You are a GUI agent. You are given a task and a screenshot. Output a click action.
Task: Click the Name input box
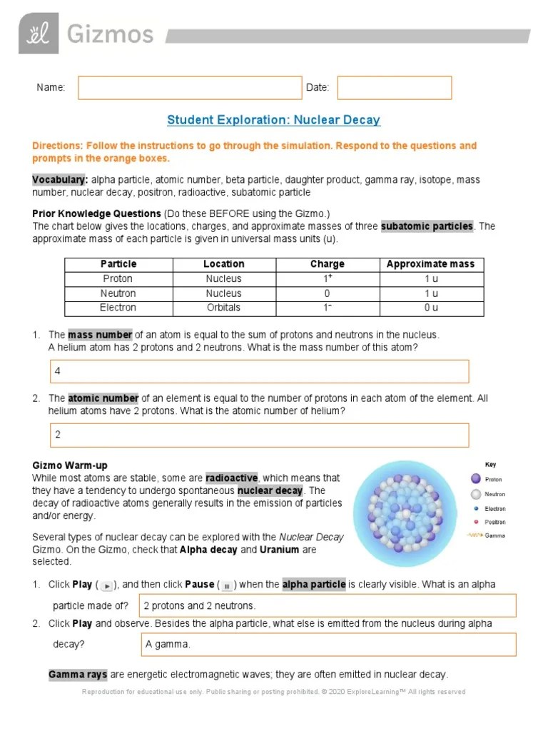pos(190,88)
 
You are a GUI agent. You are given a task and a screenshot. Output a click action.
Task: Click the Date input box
pos(394,88)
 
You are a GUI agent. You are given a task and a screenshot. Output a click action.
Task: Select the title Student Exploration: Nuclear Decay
pos(273,120)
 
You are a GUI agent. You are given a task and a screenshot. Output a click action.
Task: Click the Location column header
pos(223,264)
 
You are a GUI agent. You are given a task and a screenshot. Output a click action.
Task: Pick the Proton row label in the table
pos(118,279)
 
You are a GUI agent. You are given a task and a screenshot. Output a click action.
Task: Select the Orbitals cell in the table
pos(223,308)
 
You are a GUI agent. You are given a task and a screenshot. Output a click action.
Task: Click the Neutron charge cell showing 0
pos(327,293)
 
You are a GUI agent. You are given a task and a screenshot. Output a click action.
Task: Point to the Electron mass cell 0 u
pos(430,308)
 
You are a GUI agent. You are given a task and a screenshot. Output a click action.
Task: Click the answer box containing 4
pos(259,371)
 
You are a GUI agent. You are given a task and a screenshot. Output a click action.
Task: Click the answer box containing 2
pos(259,435)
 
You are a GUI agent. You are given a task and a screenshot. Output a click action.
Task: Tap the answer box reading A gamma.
pos(328,644)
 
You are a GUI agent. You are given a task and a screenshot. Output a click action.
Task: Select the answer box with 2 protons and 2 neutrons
pos(328,606)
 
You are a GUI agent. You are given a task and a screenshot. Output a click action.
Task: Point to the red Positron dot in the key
pos(475,523)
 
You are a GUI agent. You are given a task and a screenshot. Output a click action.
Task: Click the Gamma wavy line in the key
pos(475,535)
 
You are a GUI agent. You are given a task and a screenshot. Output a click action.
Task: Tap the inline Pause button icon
pos(226,585)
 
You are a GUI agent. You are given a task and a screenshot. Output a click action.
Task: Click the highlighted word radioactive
pos(231,478)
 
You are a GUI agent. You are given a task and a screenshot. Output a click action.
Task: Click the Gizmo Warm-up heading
pos(70,465)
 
